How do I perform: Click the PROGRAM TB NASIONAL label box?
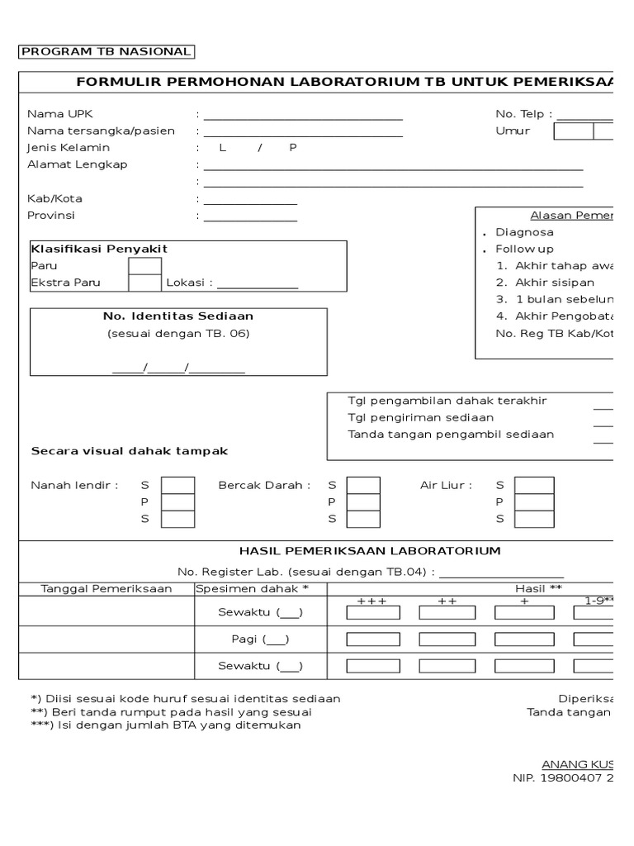(106, 52)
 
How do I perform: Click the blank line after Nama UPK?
(303, 116)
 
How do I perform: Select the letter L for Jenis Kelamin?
(222, 148)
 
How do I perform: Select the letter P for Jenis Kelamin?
(292, 148)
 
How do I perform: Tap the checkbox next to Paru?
(144, 266)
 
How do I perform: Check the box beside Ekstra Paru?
(144, 283)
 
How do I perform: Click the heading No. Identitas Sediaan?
(178, 316)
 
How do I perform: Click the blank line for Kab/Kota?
(251, 201)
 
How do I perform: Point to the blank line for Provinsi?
(251, 218)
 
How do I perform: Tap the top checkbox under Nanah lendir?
(177, 486)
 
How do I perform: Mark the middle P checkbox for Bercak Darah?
(364, 502)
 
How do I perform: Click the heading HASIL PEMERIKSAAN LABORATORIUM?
(369, 551)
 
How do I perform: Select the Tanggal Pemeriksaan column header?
(106, 588)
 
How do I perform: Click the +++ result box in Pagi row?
(373, 639)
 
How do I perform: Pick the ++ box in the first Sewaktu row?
(447, 613)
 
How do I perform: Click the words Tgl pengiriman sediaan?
(421, 418)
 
